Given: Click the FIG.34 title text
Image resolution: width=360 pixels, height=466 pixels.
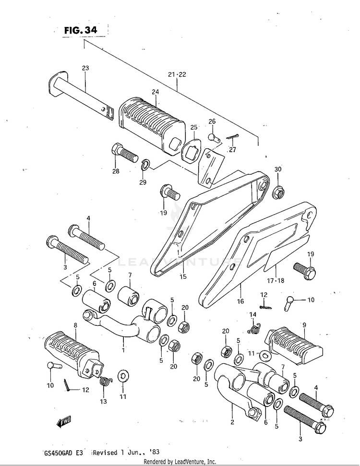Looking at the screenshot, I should click(81, 30).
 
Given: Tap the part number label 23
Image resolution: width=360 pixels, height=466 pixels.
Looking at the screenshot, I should click(85, 68).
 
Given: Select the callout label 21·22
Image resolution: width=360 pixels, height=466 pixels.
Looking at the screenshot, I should click(177, 74).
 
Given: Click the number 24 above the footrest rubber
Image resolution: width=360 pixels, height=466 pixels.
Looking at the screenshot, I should click(156, 92).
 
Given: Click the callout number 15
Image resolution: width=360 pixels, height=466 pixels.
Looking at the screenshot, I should click(183, 276).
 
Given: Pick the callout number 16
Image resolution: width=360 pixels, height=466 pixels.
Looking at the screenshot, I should click(240, 301).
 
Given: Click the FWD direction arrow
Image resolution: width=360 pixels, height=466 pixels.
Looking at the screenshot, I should click(63, 422).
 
